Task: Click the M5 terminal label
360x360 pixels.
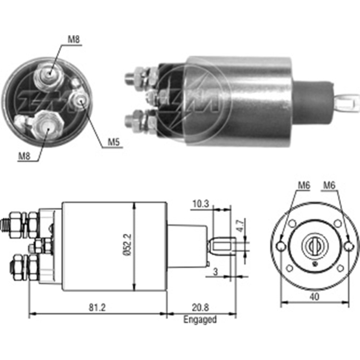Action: (114, 143)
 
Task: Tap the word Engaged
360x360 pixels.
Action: (200, 319)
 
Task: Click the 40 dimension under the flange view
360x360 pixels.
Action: (314, 297)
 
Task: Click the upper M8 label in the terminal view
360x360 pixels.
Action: (74, 40)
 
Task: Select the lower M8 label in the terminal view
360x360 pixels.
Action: (25, 156)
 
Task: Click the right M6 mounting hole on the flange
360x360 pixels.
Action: (348, 246)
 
